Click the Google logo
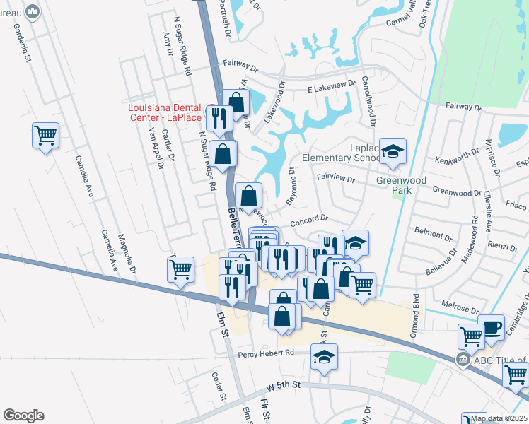pos(23,416)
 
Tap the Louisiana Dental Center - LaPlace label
pos(165,112)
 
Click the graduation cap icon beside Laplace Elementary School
pos(393,151)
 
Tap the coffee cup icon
pos(491,327)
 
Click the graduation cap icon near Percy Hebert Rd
pos(324,357)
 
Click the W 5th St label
pos(284,386)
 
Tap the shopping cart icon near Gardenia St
pos(45,135)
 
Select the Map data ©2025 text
pos(499,418)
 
